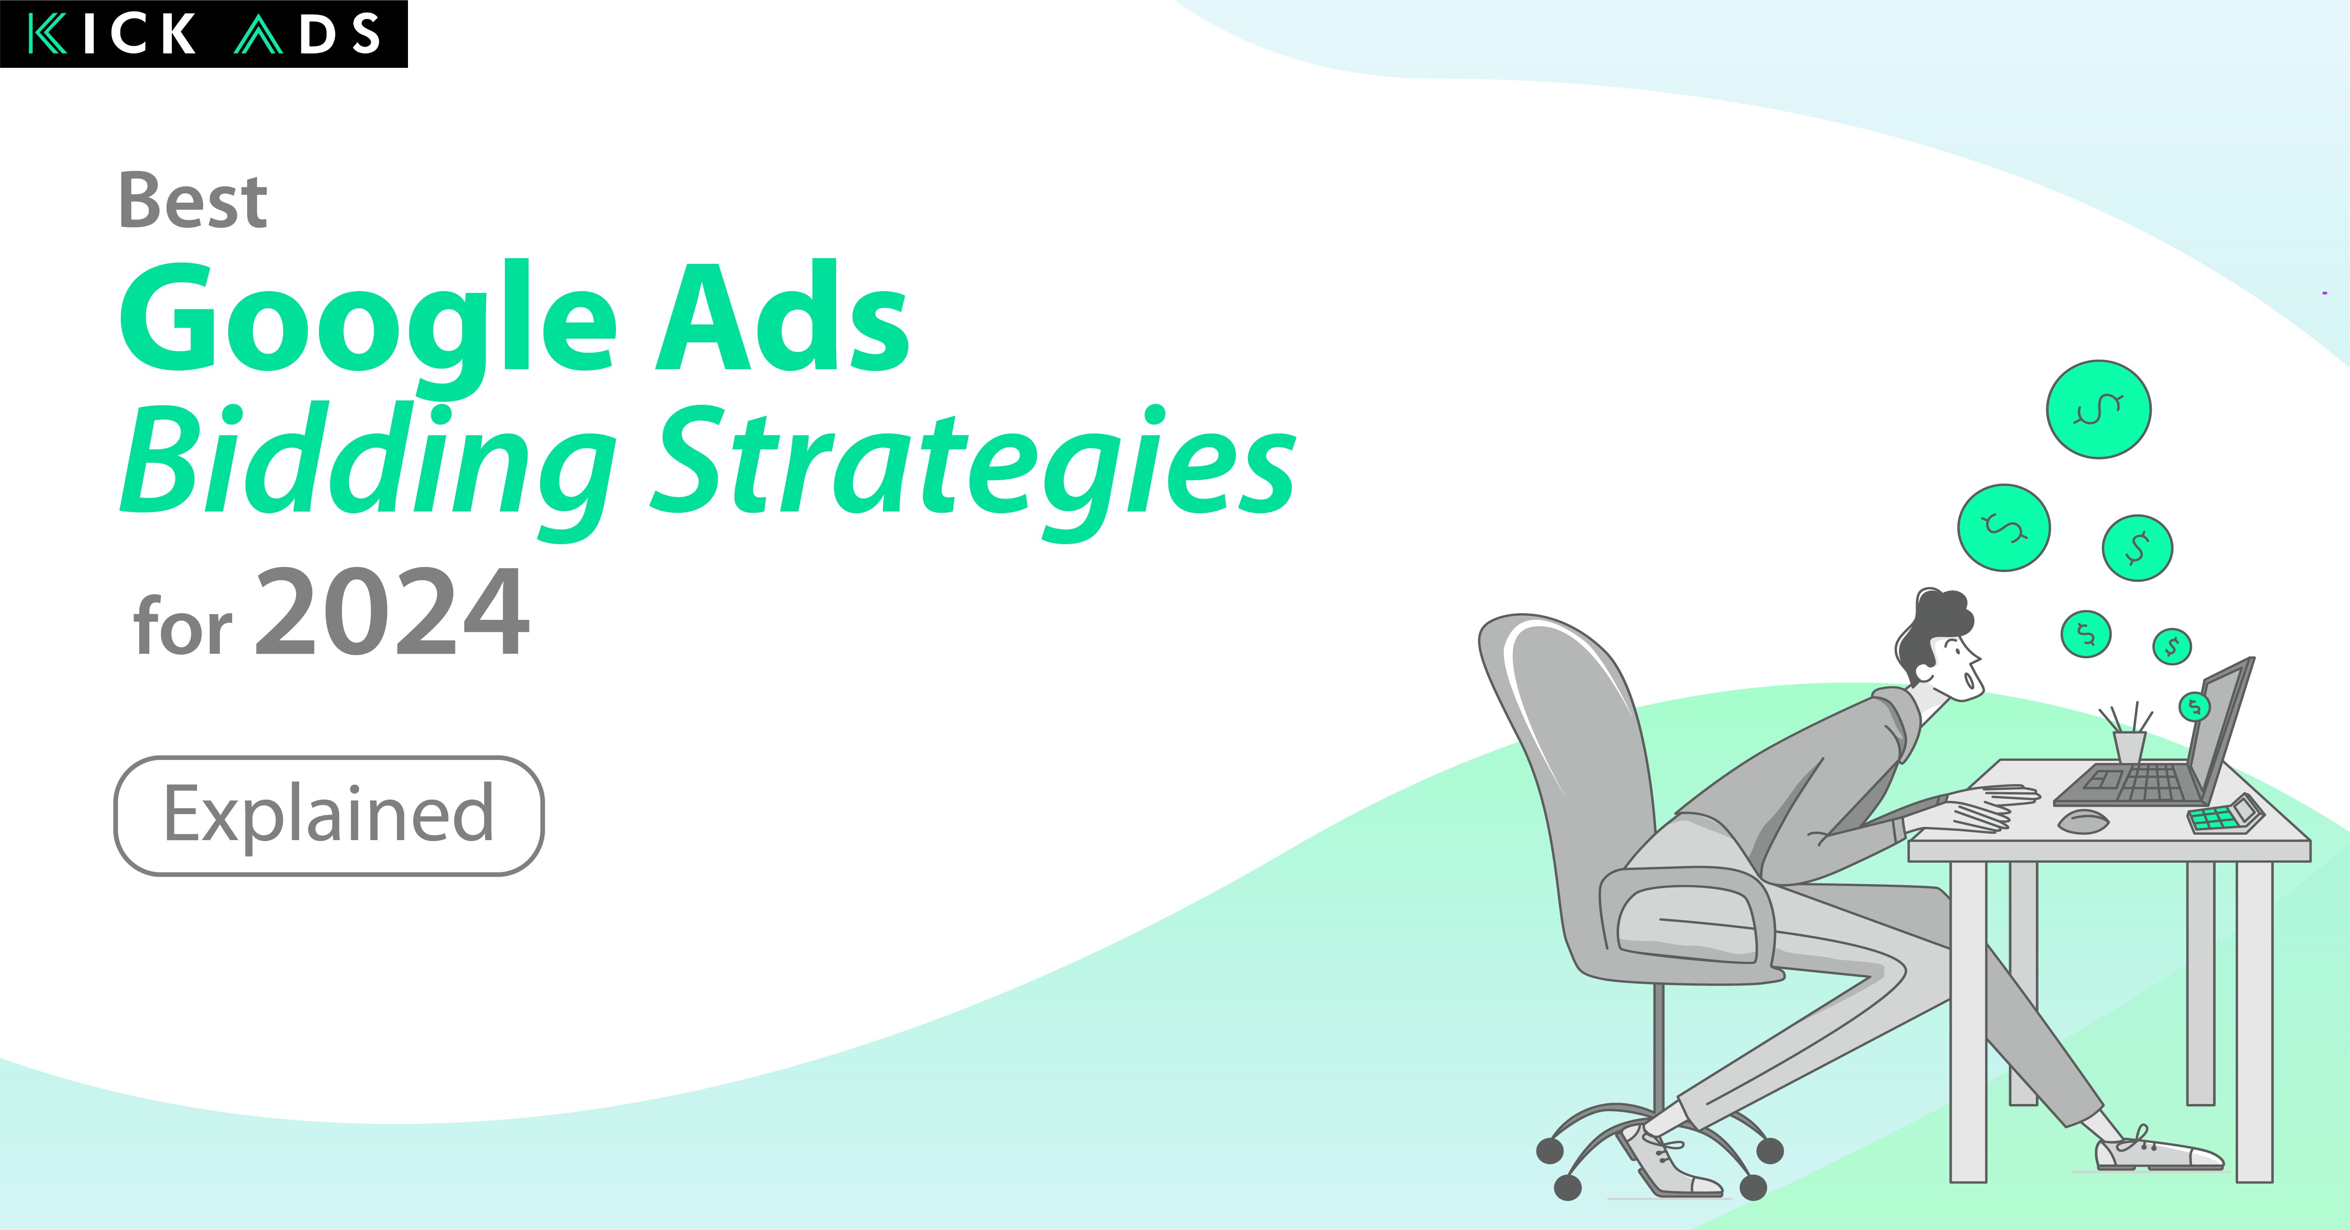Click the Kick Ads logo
[204, 34]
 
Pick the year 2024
[392, 611]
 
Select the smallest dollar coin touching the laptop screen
[2194, 706]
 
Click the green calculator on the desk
[2226, 814]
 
